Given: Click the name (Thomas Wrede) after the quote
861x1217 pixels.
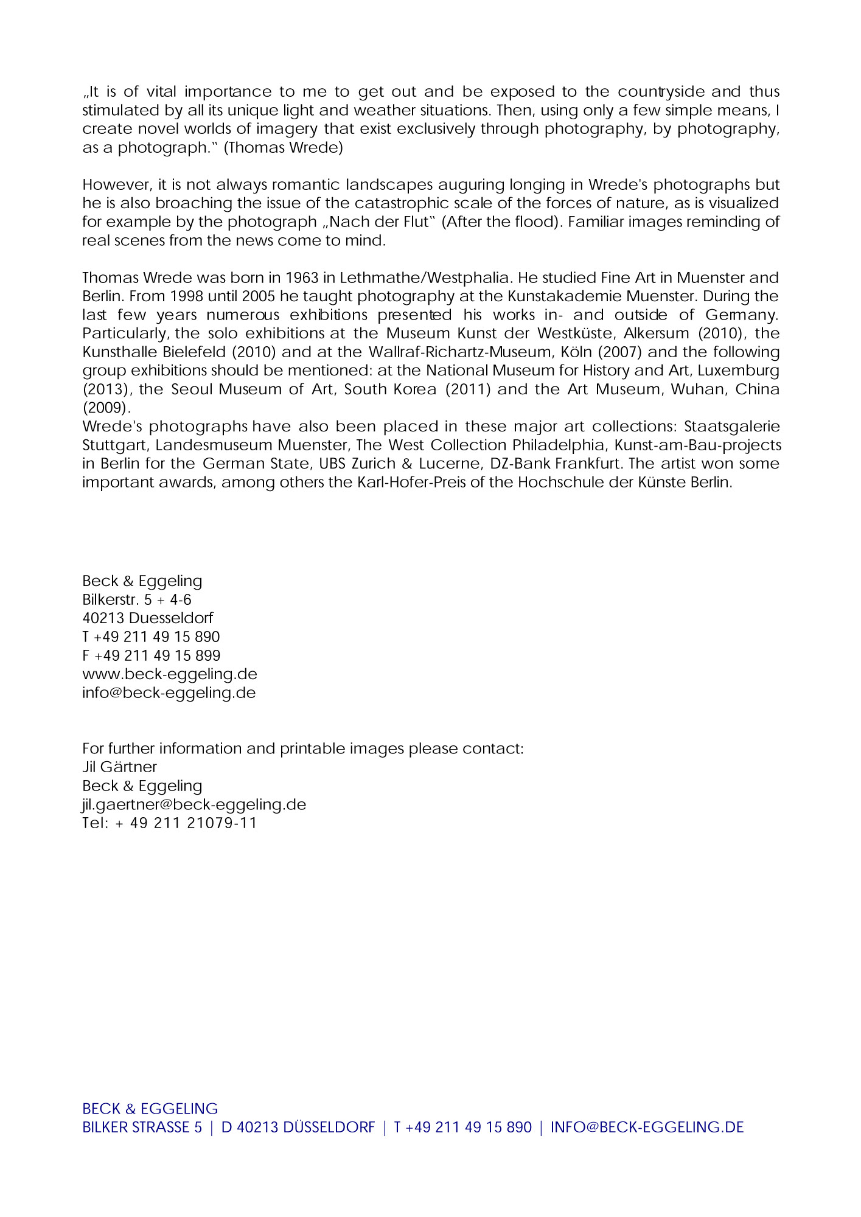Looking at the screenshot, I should click(284, 148).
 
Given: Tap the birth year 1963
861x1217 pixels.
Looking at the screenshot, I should click(302, 278).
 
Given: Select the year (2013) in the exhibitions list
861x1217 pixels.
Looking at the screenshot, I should click(106, 389).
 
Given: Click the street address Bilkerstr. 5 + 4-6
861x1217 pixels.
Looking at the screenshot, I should click(137, 600).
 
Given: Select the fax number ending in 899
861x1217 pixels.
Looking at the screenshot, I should click(152, 656).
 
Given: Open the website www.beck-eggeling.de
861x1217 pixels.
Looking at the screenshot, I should click(170, 674).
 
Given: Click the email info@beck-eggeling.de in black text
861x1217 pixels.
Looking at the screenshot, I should click(169, 693).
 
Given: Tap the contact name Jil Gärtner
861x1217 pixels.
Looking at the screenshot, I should click(120, 767).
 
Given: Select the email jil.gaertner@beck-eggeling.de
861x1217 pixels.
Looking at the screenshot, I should click(194, 804).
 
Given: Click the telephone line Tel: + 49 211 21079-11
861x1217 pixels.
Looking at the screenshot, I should click(170, 823).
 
